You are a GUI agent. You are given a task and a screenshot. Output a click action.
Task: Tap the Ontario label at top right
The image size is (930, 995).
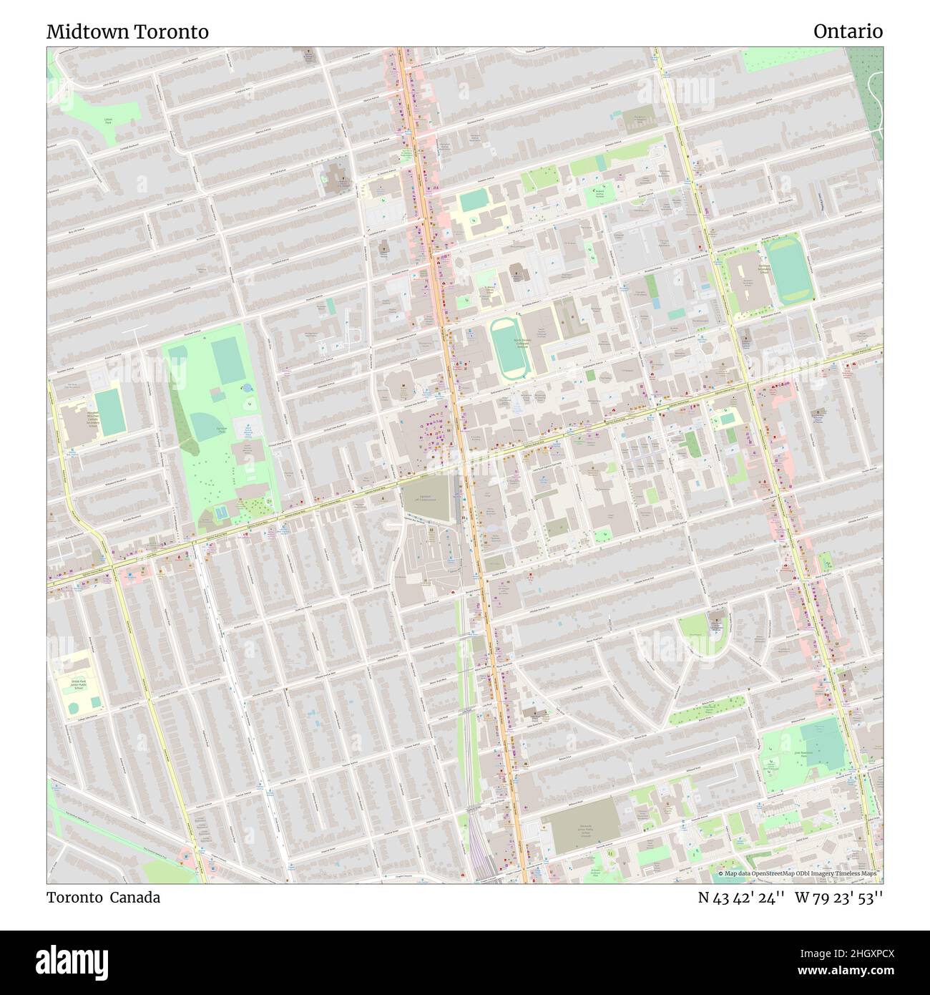tap(848, 31)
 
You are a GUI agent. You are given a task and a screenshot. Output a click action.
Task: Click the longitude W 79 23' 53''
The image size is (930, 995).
tap(841, 898)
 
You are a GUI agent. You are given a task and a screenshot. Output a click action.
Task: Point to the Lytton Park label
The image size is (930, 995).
tap(108, 122)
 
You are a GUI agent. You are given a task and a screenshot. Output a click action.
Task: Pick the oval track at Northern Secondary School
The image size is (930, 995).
tap(790, 270)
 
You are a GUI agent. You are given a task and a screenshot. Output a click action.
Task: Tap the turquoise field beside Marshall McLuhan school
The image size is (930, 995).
tap(109, 412)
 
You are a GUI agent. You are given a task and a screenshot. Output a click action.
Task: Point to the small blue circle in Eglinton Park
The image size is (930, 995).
tap(248, 387)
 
